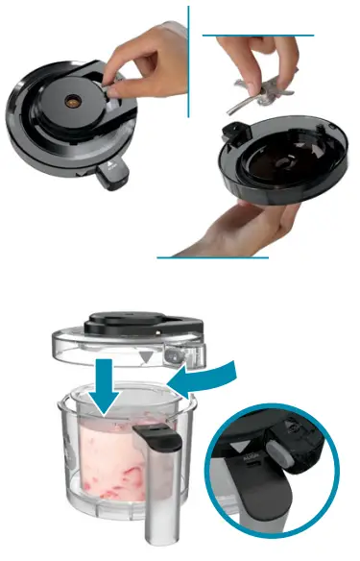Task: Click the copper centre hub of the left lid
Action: [x=71, y=99]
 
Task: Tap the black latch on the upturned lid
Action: [x=232, y=132]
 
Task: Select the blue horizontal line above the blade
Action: [x=258, y=36]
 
